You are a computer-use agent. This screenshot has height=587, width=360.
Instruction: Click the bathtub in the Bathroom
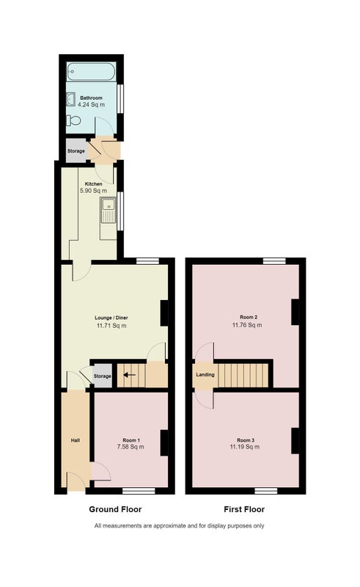[92, 71]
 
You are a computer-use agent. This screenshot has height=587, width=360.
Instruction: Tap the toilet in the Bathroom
[74, 120]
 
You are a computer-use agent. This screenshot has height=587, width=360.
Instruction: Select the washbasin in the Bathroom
[71, 100]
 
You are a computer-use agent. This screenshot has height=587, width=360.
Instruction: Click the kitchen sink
[109, 211]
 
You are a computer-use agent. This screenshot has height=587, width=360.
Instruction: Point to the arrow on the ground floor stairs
[130, 374]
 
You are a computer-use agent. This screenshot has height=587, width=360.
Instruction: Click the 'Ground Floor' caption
[115, 509]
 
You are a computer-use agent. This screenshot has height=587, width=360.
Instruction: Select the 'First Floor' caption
[244, 509]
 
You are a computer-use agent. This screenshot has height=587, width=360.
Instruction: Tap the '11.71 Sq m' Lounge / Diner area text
[111, 326]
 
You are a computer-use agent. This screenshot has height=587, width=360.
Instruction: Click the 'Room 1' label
[131, 440]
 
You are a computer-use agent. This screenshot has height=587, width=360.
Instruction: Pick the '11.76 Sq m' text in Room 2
[247, 325]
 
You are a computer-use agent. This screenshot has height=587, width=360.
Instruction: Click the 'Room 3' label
[246, 440]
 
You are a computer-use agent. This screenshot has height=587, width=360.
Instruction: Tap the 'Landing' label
[205, 374]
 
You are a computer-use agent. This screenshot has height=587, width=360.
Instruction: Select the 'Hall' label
[76, 440]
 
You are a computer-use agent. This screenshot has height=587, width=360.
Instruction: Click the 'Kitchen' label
[94, 184]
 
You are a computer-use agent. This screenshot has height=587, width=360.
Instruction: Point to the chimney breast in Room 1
[164, 443]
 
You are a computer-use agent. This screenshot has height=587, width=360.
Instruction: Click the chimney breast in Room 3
[295, 441]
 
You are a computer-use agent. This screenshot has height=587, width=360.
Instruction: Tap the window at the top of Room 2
[274, 261]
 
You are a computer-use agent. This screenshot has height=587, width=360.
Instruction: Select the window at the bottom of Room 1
[139, 491]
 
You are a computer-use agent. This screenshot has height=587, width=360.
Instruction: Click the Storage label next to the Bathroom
[76, 151]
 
